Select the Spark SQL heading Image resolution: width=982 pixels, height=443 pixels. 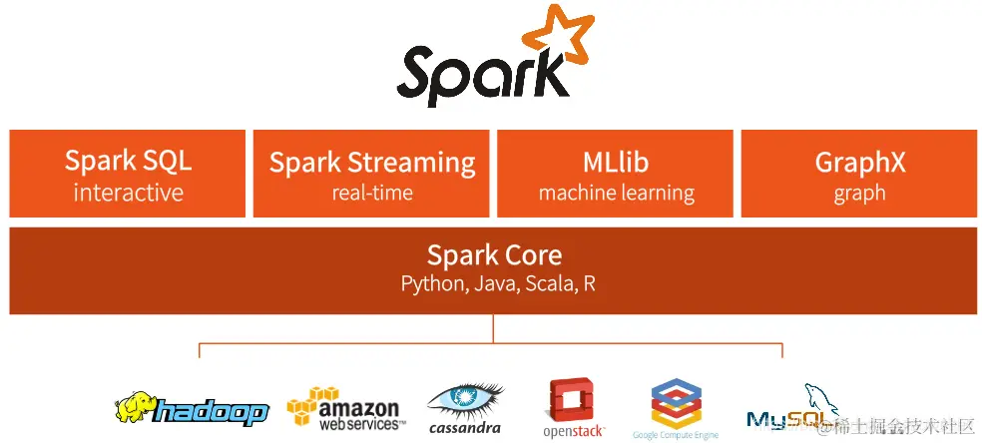click(x=128, y=161)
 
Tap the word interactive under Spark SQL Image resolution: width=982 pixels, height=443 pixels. click(x=128, y=193)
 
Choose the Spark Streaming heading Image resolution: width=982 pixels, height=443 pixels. click(x=372, y=162)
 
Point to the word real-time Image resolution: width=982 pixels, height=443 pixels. click(x=372, y=193)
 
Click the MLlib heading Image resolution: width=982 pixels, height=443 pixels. click(x=616, y=162)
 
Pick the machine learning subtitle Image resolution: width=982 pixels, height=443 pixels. click(x=616, y=193)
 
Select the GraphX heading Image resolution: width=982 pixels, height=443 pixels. click(x=859, y=162)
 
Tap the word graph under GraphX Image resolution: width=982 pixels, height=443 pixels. click(x=859, y=193)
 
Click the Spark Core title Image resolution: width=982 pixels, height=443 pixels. click(x=494, y=254)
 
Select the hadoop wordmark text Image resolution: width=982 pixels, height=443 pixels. click(x=213, y=410)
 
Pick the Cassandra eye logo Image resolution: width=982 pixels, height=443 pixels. click(x=465, y=400)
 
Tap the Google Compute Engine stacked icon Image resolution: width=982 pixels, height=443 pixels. click(x=675, y=403)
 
